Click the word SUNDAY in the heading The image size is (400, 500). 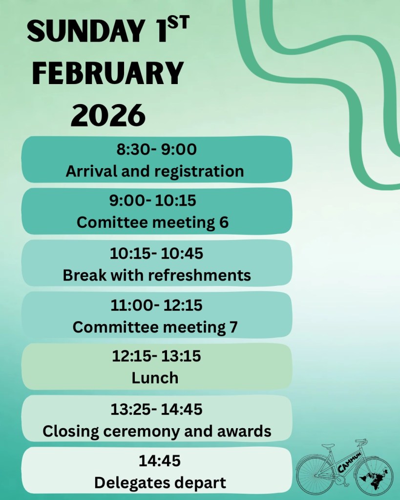(x=85, y=31)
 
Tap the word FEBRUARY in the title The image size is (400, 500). (x=108, y=73)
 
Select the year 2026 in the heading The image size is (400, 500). (x=108, y=115)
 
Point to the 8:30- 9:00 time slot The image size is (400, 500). (x=156, y=149)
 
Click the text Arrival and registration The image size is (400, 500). (x=155, y=171)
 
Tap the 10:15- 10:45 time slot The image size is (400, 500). (x=156, y=254)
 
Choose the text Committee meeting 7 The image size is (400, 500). (x=155, y=327)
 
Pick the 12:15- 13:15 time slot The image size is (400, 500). (x=156, y=356)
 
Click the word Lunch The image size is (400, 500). (x=155, y=378)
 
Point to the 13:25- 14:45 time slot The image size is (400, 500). (x=156, y=409)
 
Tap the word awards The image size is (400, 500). (x=244, y=431)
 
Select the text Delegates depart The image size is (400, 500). (x=160, y=483)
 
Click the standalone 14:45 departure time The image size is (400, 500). (x=159, y=461)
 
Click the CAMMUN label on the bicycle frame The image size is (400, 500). (x=349, y=462)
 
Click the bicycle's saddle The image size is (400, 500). (x=328, y=446)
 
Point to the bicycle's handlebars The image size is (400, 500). (x=362, y=443)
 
